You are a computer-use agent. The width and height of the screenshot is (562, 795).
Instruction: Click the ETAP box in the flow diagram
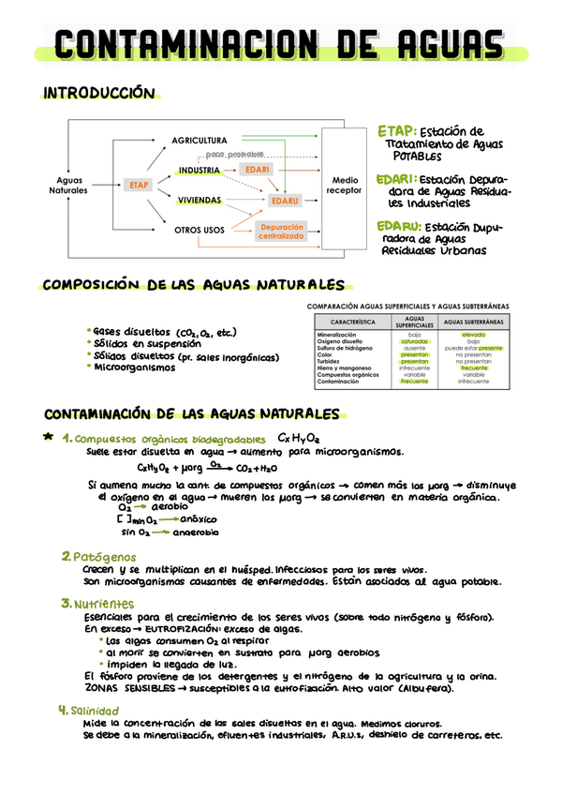pos(135,186)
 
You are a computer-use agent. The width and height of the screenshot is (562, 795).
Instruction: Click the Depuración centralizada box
pos(281,232)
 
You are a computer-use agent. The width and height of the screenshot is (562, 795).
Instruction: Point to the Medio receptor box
pos(344,185)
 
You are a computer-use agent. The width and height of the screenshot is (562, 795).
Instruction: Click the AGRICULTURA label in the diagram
pos(200,141)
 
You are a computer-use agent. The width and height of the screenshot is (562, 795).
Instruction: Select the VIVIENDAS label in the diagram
pos(199,201)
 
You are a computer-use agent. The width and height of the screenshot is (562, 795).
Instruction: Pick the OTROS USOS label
pos(200,229)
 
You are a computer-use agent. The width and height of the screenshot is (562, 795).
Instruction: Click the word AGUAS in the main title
pos(447,45)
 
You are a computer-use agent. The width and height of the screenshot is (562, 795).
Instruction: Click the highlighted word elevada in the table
pos(473,335)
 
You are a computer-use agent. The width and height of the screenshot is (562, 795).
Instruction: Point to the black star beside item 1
pos(48,437)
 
